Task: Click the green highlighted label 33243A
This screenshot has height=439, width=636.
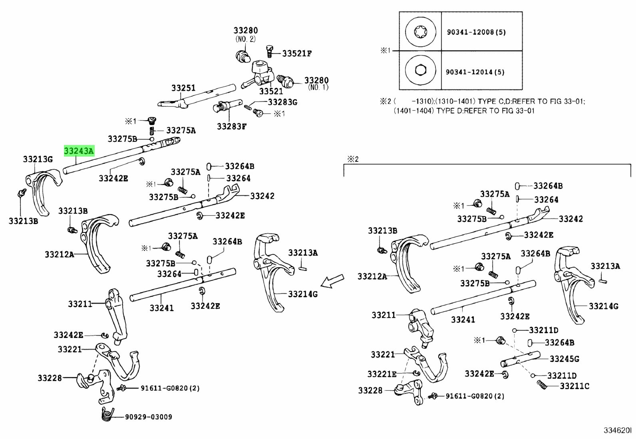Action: click(79, 151)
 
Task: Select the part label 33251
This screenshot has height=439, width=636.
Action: click(183, 88)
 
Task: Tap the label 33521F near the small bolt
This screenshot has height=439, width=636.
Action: click(297, 53)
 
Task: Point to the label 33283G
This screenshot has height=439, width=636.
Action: click(282, 102)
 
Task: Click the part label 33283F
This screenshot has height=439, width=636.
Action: click(232, 126)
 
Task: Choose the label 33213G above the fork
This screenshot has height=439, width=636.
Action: click(38, 159)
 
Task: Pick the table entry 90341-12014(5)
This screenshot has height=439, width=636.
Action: click(475, 72)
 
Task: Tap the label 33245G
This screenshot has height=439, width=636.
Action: click(564, 359)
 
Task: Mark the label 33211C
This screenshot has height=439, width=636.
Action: click(574, 386)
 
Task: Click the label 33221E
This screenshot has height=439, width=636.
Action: click(382, 374)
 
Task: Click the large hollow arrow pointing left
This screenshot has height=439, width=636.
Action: click(332, 281)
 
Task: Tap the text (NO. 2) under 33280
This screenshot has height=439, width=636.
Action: click(245, 39)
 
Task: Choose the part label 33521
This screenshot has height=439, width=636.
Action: click(271, 91)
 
